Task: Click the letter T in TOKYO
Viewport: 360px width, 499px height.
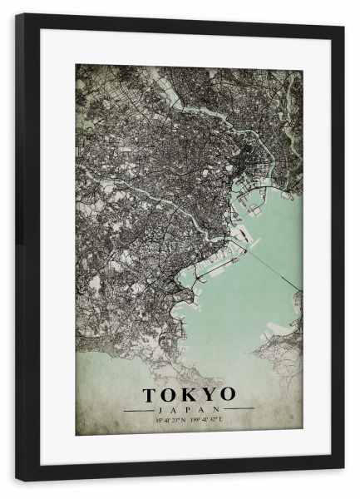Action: click(150, 393)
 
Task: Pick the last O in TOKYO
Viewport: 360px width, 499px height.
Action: click(226, 393)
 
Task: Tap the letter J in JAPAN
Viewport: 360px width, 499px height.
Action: click(158, 409)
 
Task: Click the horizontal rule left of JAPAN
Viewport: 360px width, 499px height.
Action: click(137, 410)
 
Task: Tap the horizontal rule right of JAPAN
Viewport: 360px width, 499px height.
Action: click(239, 410)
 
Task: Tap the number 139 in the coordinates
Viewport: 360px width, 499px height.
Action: click(194, 419)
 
